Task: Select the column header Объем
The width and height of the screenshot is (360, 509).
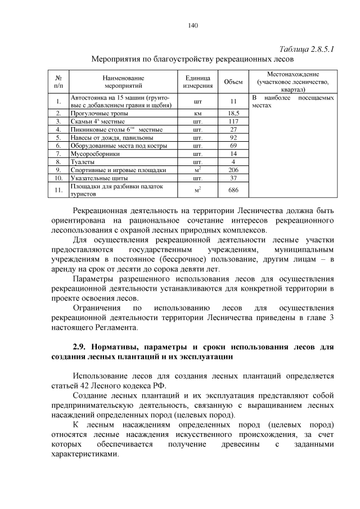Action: click(x=233, y=82)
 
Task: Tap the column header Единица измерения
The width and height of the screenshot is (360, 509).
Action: click(x=197, y=82)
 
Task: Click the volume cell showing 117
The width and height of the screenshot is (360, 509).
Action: click(x=233, y=121)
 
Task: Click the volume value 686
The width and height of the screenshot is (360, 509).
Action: click(x=233, y=190)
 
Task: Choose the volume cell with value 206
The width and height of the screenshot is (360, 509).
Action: click(x=233, y=170)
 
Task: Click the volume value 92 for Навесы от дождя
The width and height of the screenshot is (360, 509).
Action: click(x=233, y=137)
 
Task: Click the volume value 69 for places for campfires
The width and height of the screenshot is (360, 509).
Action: click(x=233, y=146)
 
